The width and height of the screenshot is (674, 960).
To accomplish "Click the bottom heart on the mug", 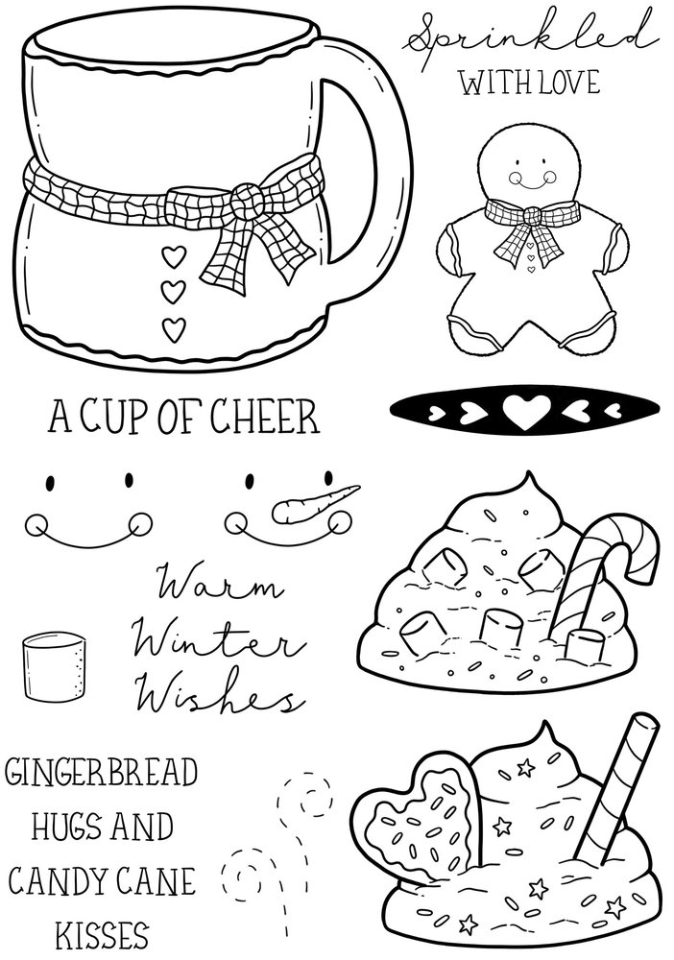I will point(173,329).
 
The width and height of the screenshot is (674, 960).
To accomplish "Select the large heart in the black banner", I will point(523,415).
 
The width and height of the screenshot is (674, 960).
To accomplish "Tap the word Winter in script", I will point(202,636).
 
